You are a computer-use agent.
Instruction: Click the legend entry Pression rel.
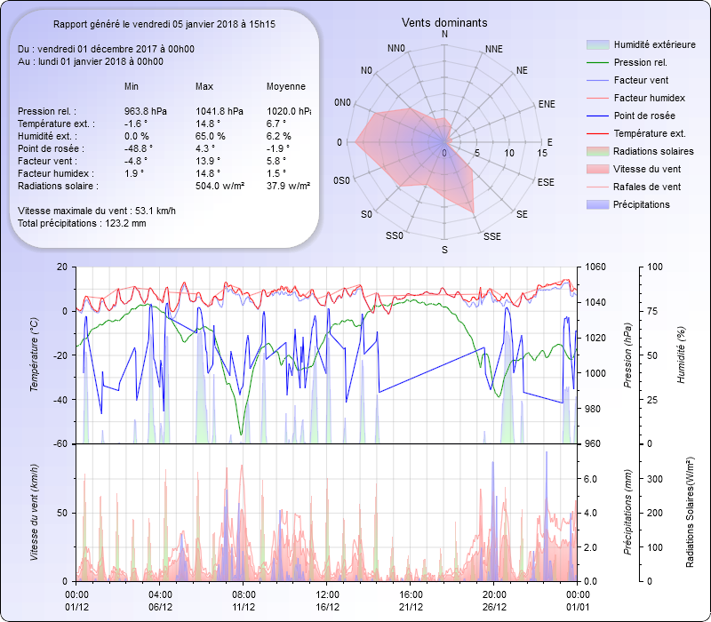640,62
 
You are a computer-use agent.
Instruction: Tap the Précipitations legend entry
642,204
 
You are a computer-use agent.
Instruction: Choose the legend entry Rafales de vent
647,187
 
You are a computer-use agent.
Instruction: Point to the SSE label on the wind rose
492,236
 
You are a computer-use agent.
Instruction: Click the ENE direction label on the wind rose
547,104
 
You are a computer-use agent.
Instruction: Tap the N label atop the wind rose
444,35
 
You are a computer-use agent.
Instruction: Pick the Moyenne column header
286,86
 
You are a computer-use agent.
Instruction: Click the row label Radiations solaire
58,186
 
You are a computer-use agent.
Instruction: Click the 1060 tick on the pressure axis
595,267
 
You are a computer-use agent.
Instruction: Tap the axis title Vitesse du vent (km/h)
34,513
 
